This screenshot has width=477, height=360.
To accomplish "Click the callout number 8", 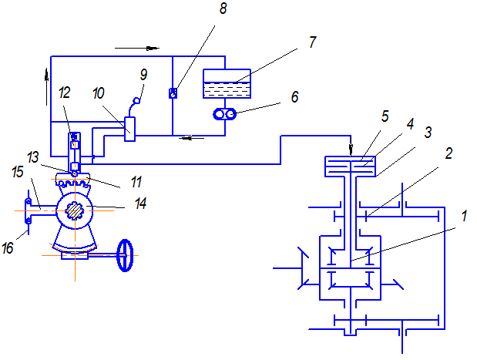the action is pyautogui.click(x=223, y=8).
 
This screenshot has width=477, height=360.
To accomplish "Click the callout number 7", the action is pyautogui.click(x=312, y=42).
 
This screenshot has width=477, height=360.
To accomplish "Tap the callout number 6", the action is pyautogui.click(x=294, y=97).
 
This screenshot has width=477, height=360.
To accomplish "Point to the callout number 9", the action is pyautogui.click(x=143, y=75).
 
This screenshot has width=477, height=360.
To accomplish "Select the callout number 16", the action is pyautogui.click(x=8, y=248).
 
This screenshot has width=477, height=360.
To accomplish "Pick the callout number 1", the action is pyautogui.click(x=464, y=216).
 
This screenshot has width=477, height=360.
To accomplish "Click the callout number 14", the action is pyautogui.click(x=140, y=204).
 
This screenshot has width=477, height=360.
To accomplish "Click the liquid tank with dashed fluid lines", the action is pyautogui.click(x=227, y=83).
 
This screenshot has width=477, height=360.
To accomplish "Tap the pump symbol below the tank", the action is pyautogui.click(x=225, y=114).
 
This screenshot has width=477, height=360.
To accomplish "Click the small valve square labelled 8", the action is pyautogui.click(x=173, y=93).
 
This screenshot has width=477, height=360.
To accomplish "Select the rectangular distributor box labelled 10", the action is pyautogui.click(x=130, y=129).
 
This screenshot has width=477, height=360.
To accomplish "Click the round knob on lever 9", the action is pyautogui.click(x=137, y=100).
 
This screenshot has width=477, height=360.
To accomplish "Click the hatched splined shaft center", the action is pyautogui.click(x=75, y=210).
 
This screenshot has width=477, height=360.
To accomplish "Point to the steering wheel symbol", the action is pyautogui.click(x=125, y=255).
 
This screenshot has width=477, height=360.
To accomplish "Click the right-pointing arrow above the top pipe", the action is pyautogui.click(x=137, y=48).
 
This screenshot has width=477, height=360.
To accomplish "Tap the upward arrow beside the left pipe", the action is pyautogui.click(x=46, y=87).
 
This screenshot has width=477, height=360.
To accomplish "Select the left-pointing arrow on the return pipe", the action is pyautogui.click(x=192, y=138).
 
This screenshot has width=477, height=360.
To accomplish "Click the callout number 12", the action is pyautogui.click(x=64, y=93).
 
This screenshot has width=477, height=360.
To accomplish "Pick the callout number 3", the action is pyautogui.click(x=428, y=133).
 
